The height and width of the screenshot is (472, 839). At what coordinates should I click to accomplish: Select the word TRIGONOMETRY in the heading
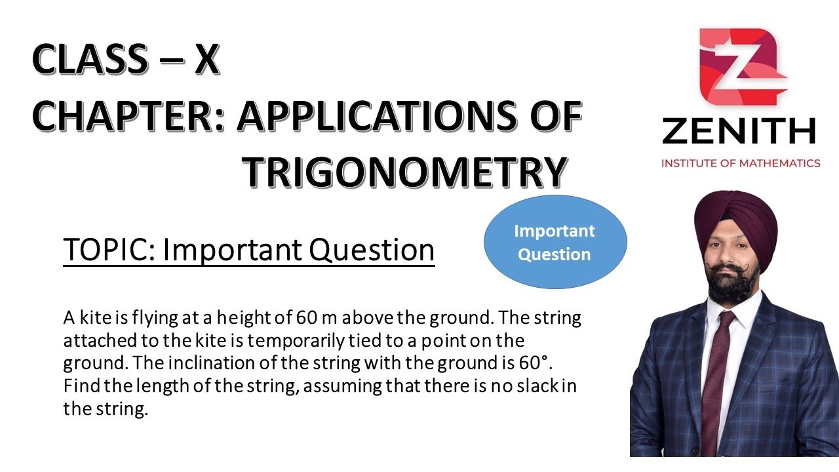point(404,172)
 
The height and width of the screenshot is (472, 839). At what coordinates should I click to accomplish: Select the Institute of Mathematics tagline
point(740,163)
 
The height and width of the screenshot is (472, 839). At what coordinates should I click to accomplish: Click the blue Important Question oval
point(555,242)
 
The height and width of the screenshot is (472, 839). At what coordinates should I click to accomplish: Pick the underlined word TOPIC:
point(108,250)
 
